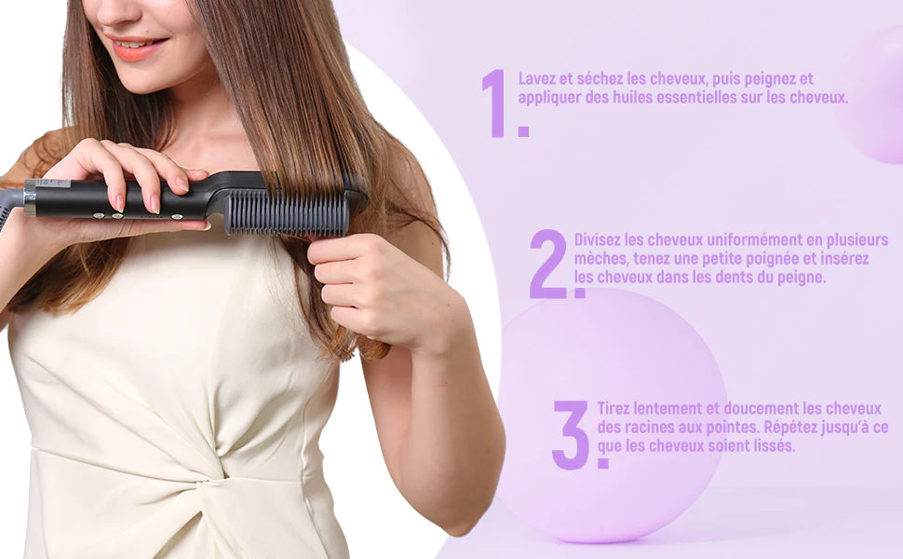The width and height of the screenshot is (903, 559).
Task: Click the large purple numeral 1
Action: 496,102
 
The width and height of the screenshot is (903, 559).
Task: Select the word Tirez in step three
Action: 615,409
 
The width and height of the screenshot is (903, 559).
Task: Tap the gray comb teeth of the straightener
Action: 286,213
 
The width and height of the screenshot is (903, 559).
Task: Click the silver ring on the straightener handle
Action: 30,198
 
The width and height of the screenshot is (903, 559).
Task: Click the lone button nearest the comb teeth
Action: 177,216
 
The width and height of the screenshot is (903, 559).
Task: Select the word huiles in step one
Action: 613,97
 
